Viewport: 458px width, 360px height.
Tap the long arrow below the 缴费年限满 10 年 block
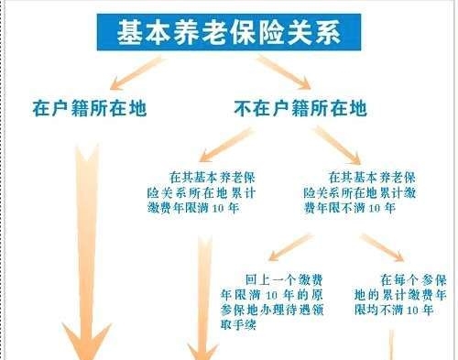[x=203, y=293]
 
